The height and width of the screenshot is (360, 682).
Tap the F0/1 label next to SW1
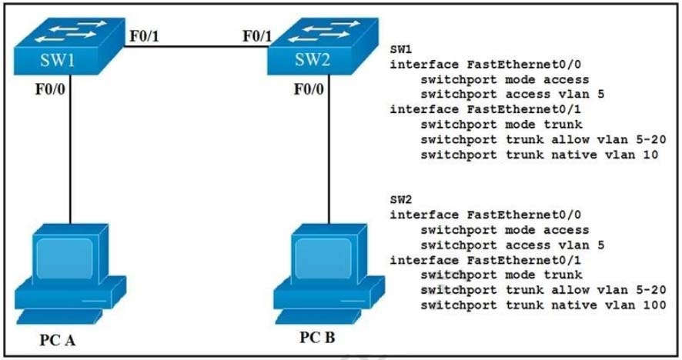[142, 35]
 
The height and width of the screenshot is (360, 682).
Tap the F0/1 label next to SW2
[257, 35]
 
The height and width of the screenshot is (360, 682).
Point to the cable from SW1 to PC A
[70, 154]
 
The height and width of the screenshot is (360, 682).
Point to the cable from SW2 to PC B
[330, 154]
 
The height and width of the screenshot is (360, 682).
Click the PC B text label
[319, 337]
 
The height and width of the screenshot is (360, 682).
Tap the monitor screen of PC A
[67, 257]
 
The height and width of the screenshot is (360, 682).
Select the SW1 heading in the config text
[400, 48]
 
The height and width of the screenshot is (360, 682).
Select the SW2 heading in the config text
[400, 198]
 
